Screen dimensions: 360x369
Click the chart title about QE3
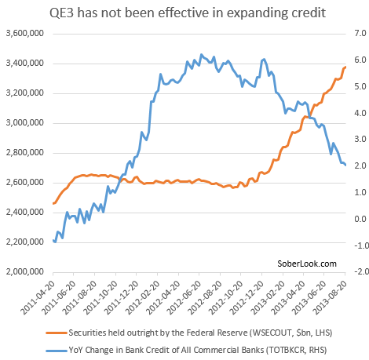tap(184, 13)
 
